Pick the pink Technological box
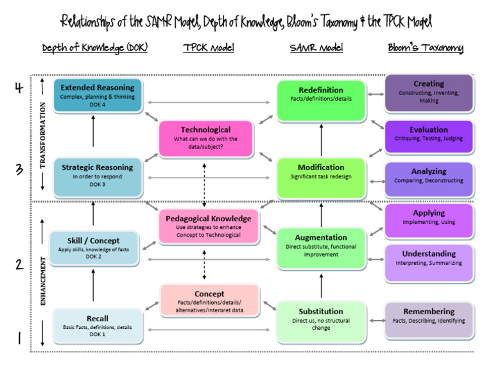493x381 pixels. (205, 138)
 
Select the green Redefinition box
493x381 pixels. (321, 99)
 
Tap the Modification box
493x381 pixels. (321, 176)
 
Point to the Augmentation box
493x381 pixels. (321, 247)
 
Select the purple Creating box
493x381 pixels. (429, 93)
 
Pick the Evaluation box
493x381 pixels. (429, 135)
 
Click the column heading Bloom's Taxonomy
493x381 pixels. (426, 48)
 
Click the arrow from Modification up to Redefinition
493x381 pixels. (321, 140)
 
